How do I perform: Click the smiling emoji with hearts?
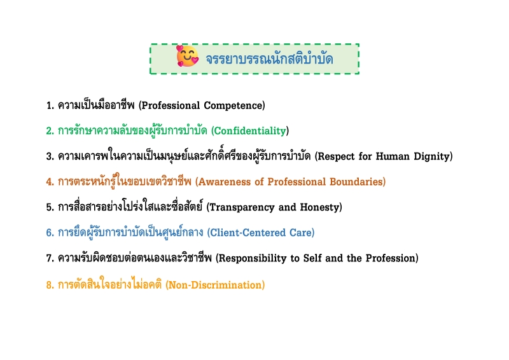point(187,58)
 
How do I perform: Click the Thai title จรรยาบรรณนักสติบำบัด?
point(269,59)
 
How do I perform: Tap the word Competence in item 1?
point(234,106)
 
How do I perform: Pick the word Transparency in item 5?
point(242,207)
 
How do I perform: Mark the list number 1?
point(49,106)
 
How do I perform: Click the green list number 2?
point(49,131)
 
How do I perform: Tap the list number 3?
point(49,156)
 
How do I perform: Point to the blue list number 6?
point(49,233)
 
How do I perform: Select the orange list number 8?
point(49,285)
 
